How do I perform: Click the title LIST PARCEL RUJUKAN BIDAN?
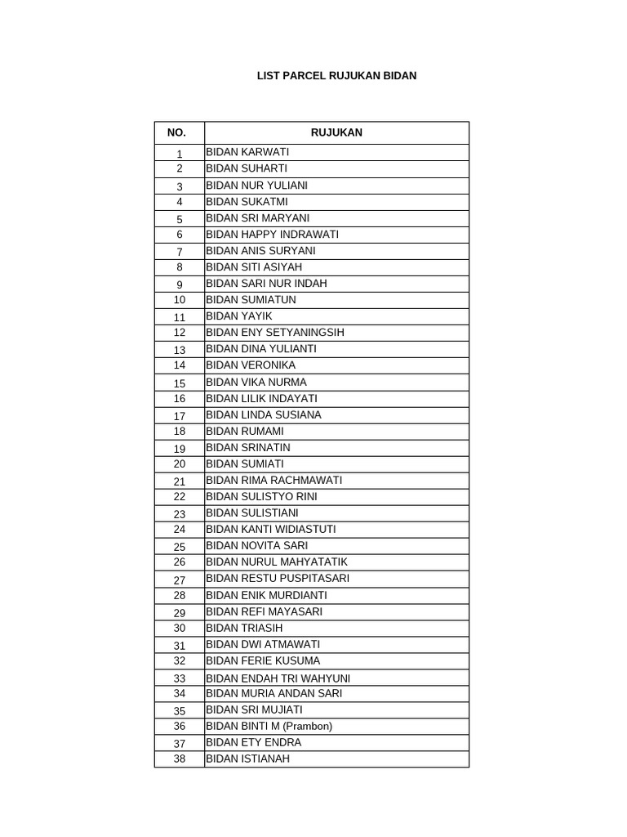[x=336, y=76]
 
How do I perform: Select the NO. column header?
[x=176, y=132]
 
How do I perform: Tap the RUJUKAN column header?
[x=336, y=132]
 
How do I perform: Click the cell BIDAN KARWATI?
[x=247, y=152]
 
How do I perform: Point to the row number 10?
[x=180, y=300]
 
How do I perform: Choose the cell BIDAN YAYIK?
[x=239, y=316]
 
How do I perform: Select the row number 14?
[x=180, y=365]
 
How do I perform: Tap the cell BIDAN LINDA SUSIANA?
[x=264, y=415]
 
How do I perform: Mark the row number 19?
[x=180, y=449]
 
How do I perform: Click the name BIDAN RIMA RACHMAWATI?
[x=273, y=481]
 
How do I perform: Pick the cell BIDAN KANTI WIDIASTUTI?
[x=270, y=530]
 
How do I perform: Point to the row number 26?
[x=180, y=562]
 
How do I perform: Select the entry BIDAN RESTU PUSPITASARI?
[x=278, y=579]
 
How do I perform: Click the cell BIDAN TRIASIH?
[x=244, y=628]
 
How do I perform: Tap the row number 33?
[x=180, y=678]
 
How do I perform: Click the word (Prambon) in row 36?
[x=307, y=727]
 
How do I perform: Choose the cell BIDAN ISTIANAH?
[x=247, y=759]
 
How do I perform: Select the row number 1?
[x=180, y=154]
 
